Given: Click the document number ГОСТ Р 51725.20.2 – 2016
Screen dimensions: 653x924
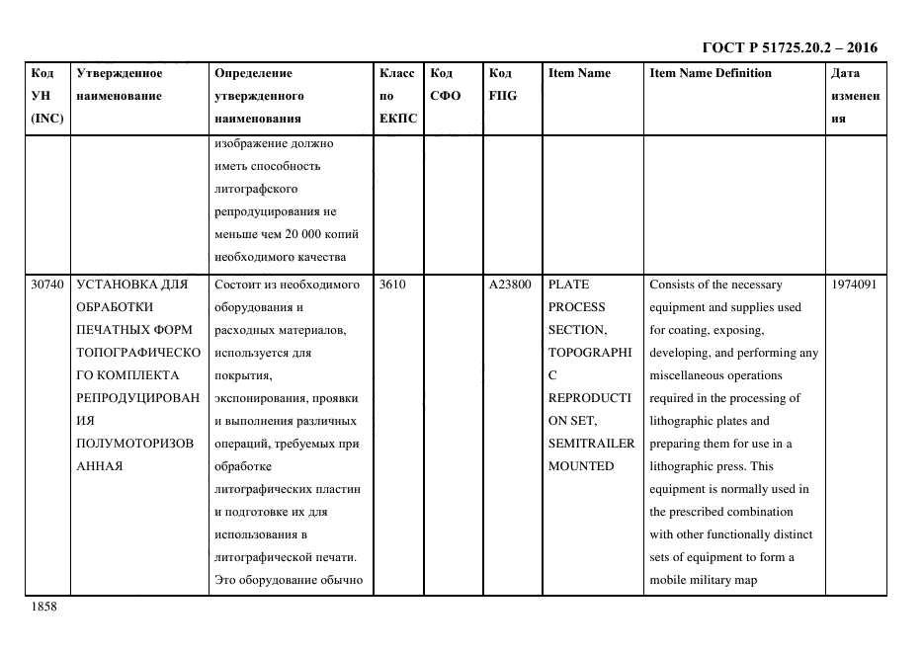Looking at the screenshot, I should [789, 46].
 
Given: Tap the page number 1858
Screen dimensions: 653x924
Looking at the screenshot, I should [44, 607].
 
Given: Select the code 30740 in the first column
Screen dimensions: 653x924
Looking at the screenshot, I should [46, 285].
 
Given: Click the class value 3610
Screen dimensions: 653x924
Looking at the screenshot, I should [392, 285].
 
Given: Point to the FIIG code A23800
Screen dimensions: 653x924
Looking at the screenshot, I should [509, 285].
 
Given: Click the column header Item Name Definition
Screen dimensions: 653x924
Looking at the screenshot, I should [711, 73].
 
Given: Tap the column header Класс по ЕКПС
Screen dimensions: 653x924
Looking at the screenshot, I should [398, 96].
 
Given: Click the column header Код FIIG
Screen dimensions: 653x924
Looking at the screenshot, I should [502, 84].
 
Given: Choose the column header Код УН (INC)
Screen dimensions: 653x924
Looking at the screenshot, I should [46, 96].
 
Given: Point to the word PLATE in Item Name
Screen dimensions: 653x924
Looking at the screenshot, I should [568, 285].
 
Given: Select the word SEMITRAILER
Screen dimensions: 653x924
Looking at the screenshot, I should [591, 444].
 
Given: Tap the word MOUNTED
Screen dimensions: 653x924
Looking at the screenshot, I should [581, 466].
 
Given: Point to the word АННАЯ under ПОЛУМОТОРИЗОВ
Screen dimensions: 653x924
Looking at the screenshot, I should [100, 466].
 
